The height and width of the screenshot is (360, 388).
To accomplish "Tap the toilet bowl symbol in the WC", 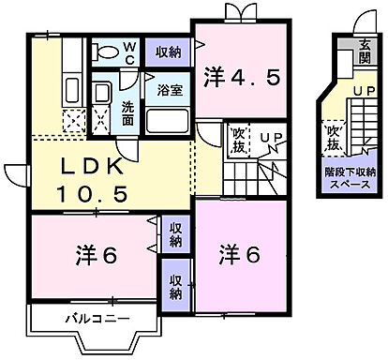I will point(104,51).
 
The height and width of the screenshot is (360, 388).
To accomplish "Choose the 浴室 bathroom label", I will point(169,93).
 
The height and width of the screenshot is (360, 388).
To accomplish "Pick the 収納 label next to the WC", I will point(170,51).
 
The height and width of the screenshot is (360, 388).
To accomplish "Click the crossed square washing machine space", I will point(101,120).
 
